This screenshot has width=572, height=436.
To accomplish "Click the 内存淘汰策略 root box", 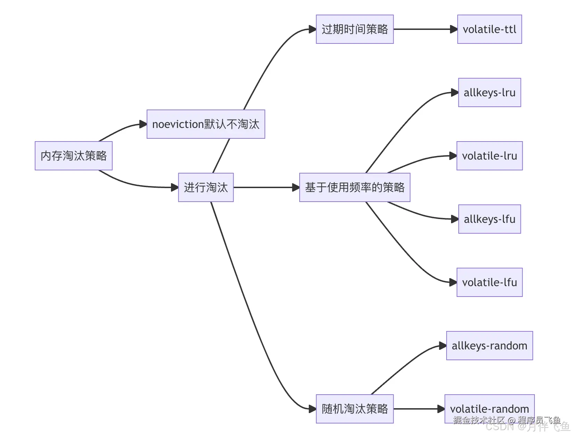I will click(x=74, y=156).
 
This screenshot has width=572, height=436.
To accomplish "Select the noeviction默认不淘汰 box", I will click(x=206, y=124).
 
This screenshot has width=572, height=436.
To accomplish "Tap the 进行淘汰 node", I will click(x=206, y=187).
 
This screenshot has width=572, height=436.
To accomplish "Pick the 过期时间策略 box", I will click(x=354, y=29).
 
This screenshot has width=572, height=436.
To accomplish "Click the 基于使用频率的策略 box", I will click(x=354, y=187).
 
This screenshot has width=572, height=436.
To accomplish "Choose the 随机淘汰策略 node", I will click(x=354, y=409).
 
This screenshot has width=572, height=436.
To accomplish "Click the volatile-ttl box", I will click(x=489, y=29).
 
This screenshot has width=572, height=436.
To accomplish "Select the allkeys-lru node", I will click(x=489, y=92).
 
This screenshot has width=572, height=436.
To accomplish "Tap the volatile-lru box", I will click(x=489, y=156).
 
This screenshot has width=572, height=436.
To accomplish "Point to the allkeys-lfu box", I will click(x=489, y=219).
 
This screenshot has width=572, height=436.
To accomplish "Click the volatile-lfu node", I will click(x=489, y=282).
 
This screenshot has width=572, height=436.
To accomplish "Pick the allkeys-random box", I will click(x=489, y=346).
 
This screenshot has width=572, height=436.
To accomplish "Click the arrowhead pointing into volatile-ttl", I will click(x=453, y=29).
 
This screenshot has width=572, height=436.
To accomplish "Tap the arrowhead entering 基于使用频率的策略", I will click(x=296, y=187).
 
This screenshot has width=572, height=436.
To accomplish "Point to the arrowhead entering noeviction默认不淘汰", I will click(x=143, y=124).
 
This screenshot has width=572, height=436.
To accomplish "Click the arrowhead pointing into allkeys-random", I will click(x=443, y=346).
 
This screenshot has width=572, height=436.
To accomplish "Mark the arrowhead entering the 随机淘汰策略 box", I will click(x=312, y=409).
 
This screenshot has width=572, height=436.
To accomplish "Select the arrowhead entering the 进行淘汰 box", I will click(x=174, y=187).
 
